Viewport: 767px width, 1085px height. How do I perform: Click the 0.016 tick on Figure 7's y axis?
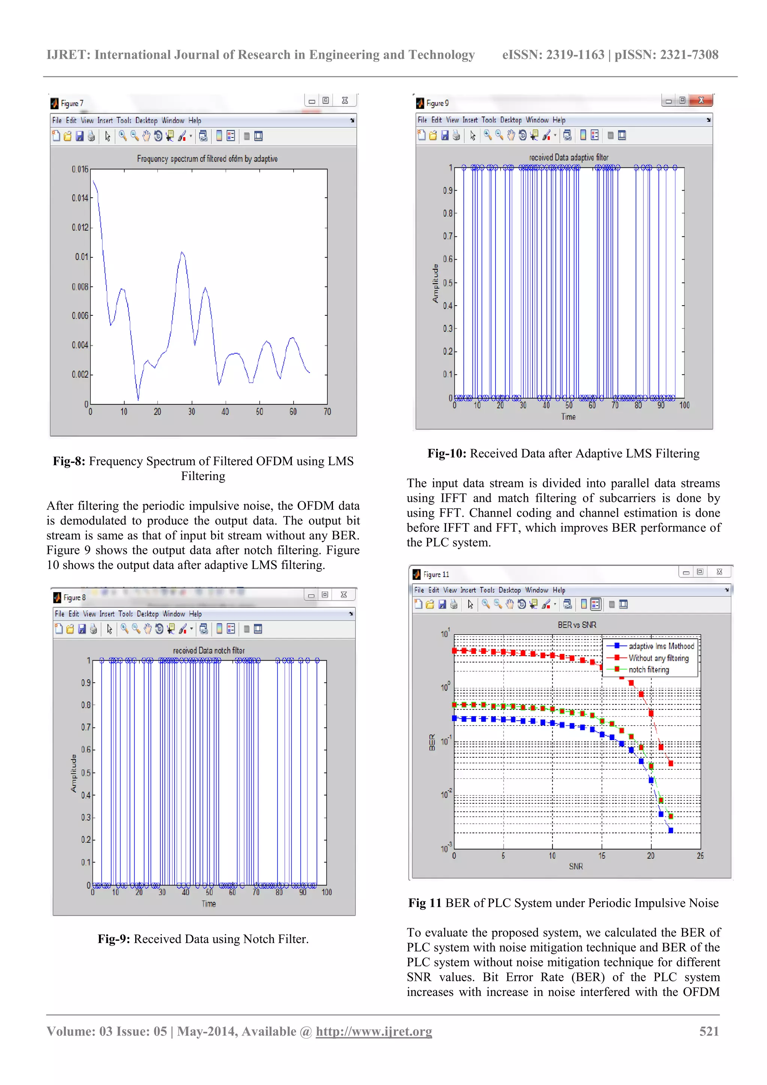point(80,169)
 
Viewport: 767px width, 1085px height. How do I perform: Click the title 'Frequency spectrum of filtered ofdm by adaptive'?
point(207,159)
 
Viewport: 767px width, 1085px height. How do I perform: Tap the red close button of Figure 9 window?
point(701,100)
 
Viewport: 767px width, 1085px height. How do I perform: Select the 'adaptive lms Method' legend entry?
point(661,646)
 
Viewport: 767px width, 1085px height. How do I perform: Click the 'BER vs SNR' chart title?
point(576,625)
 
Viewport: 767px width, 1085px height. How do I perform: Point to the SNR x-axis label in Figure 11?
point(576,866)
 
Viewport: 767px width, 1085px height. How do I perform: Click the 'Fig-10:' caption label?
point(446,454)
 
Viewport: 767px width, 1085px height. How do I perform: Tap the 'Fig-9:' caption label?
point(114,939)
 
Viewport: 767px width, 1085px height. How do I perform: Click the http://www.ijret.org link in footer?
point(374,1031)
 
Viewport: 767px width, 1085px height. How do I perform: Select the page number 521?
point(709,1031)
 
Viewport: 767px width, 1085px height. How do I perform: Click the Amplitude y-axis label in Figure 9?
point(435,284)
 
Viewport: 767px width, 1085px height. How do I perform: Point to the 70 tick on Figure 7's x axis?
point(327,412)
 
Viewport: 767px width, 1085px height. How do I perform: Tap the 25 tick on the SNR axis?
point(700,856)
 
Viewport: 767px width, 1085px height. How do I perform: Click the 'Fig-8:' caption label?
point(69,461)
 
